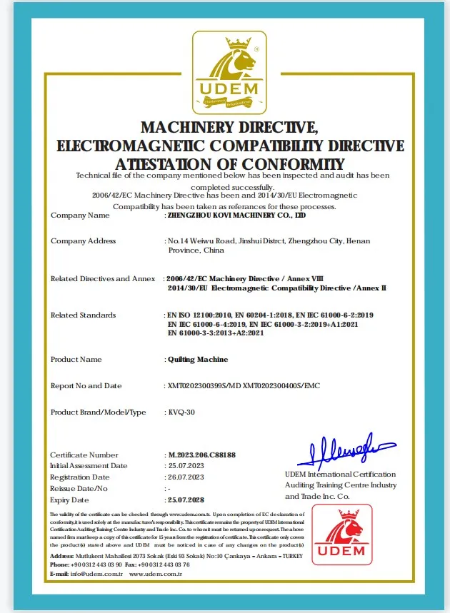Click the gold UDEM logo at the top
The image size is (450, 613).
point(225,74)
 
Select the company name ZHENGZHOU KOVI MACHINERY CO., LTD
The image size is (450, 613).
point(236,214)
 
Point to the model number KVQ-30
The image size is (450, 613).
point(181,412)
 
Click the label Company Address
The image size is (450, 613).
point(83,241)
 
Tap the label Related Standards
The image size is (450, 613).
point(83,315)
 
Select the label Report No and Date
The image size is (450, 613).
point(86,385)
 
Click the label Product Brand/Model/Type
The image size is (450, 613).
point(98,412)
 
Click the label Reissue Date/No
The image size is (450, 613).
point(79,489)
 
